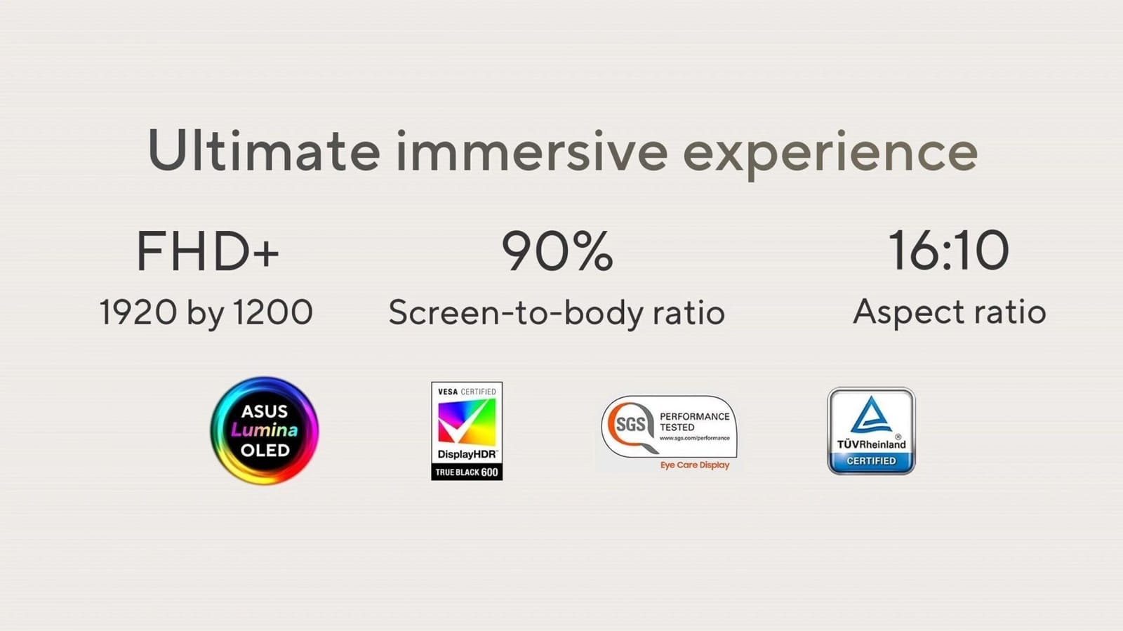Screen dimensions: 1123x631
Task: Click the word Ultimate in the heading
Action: [x=264, y=150]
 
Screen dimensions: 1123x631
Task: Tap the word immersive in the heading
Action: [x=532, y=150]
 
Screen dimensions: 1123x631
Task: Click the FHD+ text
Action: [x=208, y=251]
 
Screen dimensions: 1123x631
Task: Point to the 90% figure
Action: [x=557, y=251]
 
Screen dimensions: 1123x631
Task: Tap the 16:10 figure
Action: [x=948, y=250]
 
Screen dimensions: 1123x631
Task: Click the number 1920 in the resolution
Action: [x=138, y=312]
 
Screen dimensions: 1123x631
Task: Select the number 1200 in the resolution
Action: [x=273, y=312]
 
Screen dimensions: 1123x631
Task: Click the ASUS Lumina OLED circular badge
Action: [x=265, y=430]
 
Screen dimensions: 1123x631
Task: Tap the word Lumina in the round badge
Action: [x=264, y=430]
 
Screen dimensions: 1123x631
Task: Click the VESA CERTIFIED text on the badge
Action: [x=467, y=392]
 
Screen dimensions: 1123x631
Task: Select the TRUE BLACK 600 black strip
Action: [x=467, y=472]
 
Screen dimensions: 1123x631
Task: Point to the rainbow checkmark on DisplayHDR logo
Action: [x=467, y=422]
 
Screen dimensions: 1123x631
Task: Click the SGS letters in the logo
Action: [x=630, y=425]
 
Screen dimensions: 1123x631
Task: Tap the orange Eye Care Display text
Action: [x=694, y=465]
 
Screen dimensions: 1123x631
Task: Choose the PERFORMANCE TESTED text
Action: [x=694, y=422]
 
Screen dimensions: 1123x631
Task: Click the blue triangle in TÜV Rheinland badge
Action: [x=871, y=415]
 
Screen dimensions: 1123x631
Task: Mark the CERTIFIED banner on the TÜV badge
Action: [x=871, y=461]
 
